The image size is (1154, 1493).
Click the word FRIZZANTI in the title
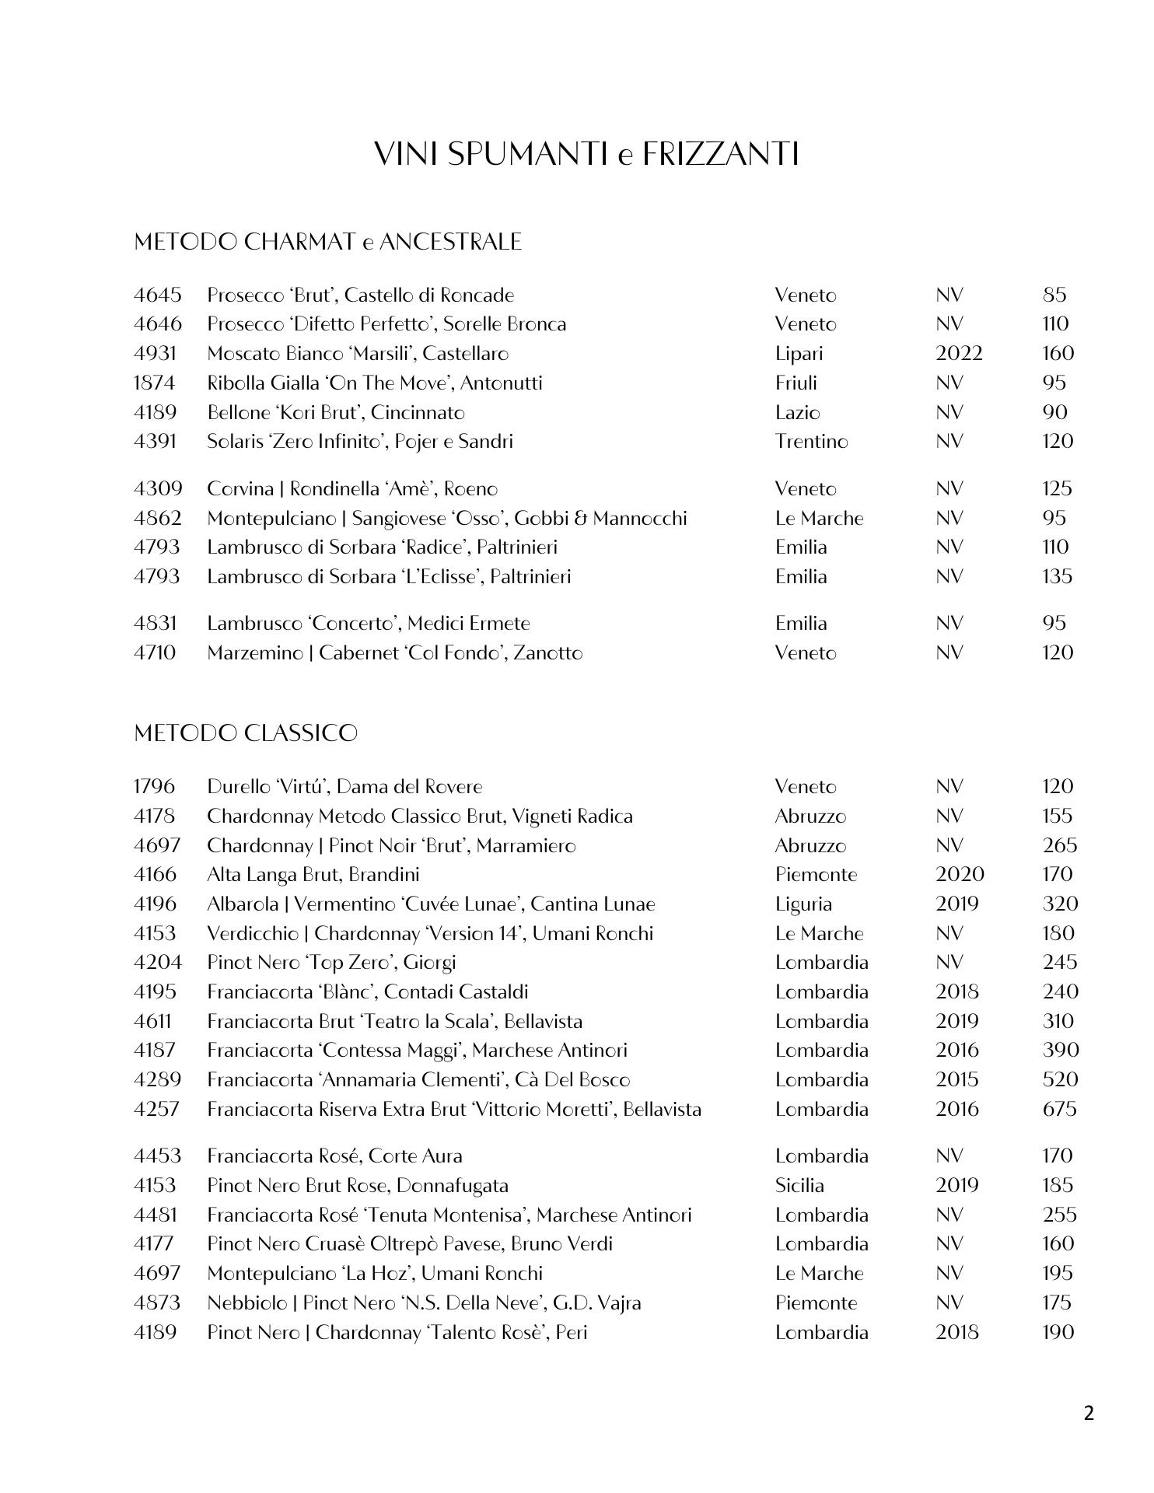pyautogui.click(x=721, y=154)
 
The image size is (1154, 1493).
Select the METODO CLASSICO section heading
pyautogui.click(x=246, y=733)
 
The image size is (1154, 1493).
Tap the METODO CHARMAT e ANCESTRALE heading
pyautogui.click(x=327, y=242)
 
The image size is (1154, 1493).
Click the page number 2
pyautogui.click(x=1088, y=1413)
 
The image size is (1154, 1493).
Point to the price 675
pyautogui.click(x=1059, y=1109)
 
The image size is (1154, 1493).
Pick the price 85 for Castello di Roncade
pyautogui.click(x=1054, y=295)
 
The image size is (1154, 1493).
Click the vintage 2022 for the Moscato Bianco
pyautogui.click(x=959, y=354)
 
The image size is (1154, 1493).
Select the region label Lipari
pyautogui.click(x=799, y=354)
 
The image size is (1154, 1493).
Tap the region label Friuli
pyautogui.click(x=796, y=383)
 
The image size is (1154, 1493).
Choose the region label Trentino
pyautogui.click(x=811, y=442)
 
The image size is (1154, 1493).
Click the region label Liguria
pyautogui.click(x=803, y=904)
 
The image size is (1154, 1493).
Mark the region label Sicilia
pyautogui.click(x=799, y=1186)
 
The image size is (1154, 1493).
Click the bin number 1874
pyautogui.click(x=155, y=383)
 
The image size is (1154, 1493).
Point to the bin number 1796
pyautogui.click(x=154, y=787)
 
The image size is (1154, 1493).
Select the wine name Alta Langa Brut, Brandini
pyautogui.click(x=313, y=875)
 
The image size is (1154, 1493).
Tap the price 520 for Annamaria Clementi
pyautogui.click(x=1060, y=1080)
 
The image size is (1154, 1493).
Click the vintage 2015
pyautogui.click(x=957, y=1080)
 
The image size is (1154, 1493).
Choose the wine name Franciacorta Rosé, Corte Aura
pyautogui.click(x=334, y=1156)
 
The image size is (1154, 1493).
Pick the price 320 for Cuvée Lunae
pyautogui.click(x=1060, y=904)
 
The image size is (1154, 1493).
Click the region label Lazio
pyautogui.click(x=797, y=413)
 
